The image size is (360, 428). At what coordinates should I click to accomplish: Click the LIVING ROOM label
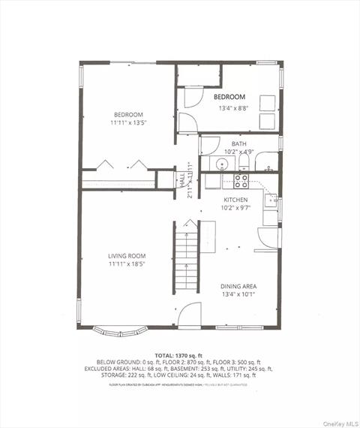point(126,256)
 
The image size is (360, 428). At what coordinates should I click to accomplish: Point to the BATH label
point(238,143)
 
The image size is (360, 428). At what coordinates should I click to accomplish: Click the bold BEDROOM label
point(229,98)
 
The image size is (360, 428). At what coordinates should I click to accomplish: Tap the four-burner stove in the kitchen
point(241,181)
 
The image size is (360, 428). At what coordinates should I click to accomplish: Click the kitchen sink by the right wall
point(271,200)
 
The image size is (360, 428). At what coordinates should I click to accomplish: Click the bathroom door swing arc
point(207,146)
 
